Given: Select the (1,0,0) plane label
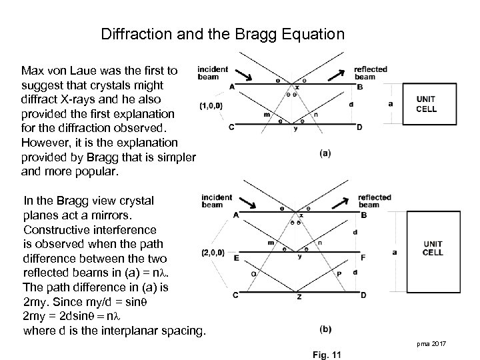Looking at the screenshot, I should pos(211,105).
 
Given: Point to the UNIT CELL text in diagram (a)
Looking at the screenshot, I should pos(426,104).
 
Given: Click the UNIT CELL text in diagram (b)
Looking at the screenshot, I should pos(433,249).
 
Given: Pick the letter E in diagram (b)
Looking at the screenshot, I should pos(237,257).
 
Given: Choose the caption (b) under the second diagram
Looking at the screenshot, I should pos(326,329).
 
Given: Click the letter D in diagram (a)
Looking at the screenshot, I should pos(359,127).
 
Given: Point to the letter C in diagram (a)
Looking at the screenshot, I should pos(231,127).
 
